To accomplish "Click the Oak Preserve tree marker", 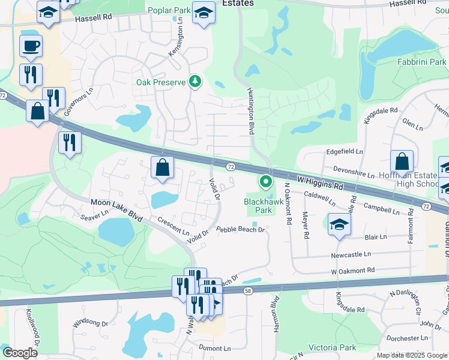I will [194, 81].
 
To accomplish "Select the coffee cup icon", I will [31, 45].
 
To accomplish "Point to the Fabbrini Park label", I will [421, 62].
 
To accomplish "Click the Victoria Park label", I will [332, 347].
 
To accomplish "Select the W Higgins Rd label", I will [320, 182].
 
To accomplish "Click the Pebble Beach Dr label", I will [240, 229].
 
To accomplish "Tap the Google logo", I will [20, 353].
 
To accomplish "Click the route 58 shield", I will [248, 291].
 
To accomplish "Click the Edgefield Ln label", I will [344, 152].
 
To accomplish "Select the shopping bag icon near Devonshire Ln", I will [402, 161].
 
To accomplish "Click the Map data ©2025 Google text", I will [411, 355].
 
